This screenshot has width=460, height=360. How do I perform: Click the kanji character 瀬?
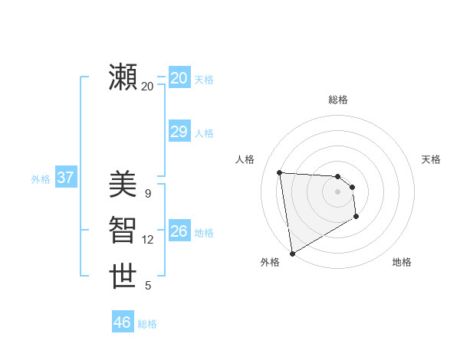123,77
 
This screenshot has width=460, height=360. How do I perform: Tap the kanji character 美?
123,184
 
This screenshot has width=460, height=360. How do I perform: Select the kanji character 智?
123,230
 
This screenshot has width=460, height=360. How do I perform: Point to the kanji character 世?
123,276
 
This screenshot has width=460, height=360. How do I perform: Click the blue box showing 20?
179,77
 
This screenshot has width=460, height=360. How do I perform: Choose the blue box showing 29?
179,132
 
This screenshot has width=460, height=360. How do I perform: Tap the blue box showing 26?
179,231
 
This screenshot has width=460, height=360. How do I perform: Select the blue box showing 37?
65,178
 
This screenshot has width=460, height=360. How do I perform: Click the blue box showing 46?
122,322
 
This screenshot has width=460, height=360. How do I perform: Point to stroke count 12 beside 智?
148,240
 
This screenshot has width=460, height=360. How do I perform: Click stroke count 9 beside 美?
148,194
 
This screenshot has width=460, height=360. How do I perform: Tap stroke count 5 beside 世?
148,286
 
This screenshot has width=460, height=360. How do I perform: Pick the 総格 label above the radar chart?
338,100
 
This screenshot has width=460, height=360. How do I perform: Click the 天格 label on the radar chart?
431,159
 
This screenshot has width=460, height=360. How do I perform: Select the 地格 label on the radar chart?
402,262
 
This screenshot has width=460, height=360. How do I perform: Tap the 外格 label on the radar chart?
270,262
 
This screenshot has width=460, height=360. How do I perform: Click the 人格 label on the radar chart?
245,159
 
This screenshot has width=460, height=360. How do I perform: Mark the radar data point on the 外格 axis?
292,253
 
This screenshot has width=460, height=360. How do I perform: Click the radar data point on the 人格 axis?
280,172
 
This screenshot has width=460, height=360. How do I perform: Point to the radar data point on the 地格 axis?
356,218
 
